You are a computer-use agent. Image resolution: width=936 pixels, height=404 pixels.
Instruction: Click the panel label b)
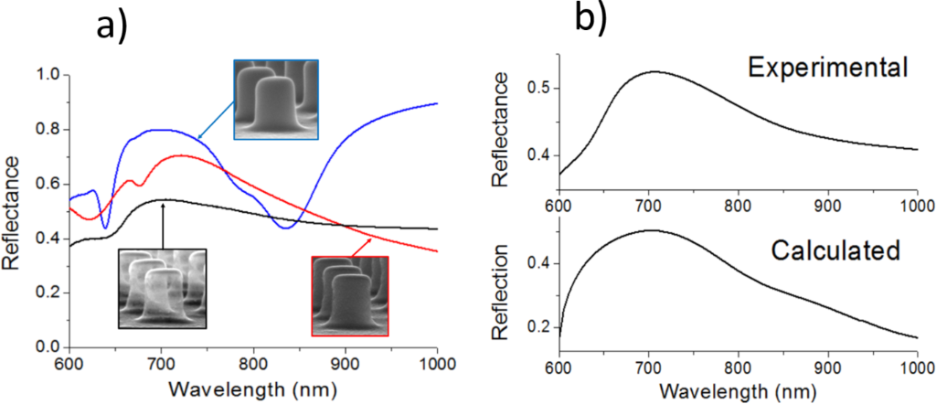click(x=590, y=17)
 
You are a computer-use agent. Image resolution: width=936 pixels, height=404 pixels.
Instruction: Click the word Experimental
click(x=826, y=68)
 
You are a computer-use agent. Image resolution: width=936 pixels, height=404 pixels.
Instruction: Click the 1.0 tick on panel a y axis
click(x=46, y=75)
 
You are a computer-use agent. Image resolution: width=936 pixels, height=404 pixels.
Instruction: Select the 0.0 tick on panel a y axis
click(x=46, y=348)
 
